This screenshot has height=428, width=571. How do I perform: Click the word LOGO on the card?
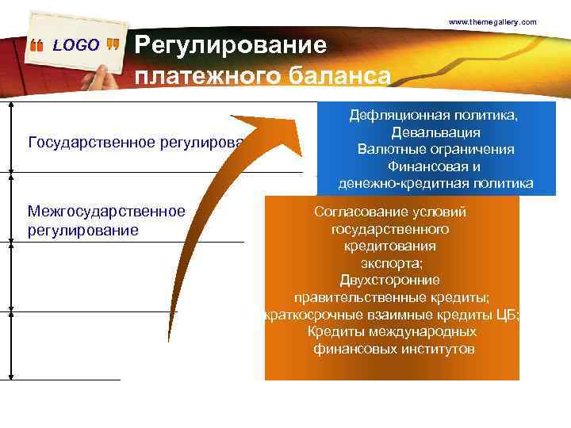click(x=76, y=45)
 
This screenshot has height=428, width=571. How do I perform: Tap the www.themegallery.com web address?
click(x=492, y=21)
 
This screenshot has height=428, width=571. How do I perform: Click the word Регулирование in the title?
click(x=231, y=45)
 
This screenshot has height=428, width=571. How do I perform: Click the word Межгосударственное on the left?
click(x=106, y=211)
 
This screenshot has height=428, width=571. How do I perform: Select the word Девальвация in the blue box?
click(x=435, y=132)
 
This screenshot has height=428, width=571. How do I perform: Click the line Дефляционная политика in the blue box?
click(x=435, y=116)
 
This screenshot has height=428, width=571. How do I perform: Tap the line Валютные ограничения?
click(x=435, y=150)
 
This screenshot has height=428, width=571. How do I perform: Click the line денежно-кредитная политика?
click(x=435, y=184)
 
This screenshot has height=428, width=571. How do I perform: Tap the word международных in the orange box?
click(x=432, y=331)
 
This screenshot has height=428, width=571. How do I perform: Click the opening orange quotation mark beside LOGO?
click(x=36, y=46)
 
